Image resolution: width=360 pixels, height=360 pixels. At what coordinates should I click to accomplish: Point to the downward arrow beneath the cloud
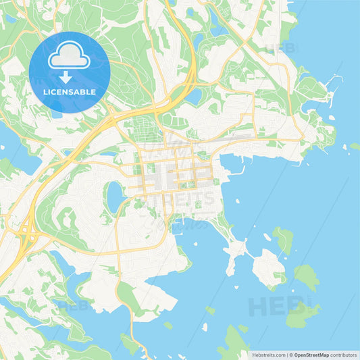coord(69,77)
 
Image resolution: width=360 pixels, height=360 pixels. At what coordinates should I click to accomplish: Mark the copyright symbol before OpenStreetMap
coord(291,354)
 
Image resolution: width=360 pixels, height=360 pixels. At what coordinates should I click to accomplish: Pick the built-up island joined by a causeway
coord(268,267)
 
